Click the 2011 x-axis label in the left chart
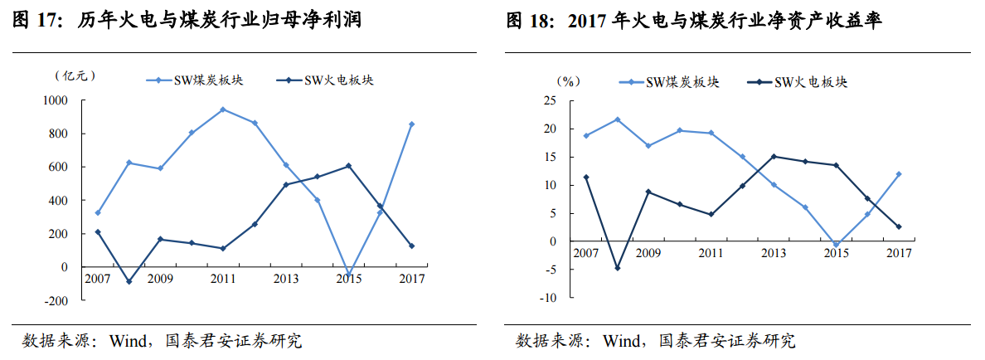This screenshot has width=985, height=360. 223,279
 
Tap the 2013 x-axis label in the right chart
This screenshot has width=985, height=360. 774,253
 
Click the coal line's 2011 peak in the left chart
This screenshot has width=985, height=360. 223,109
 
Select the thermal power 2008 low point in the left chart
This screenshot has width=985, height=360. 129,281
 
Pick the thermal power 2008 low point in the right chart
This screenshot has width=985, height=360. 618,268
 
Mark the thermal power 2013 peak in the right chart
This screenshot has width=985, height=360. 774,156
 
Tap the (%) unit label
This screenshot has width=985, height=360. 568,81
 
